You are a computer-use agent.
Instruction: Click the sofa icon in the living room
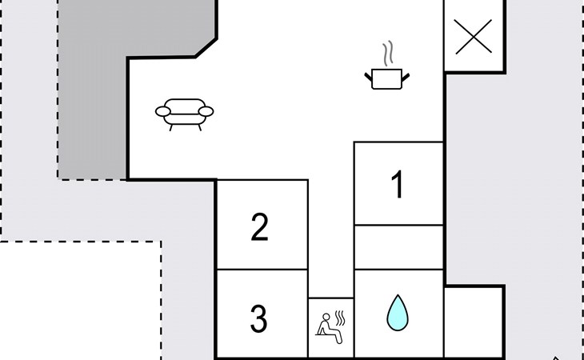[185, 114]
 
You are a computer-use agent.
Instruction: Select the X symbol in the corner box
[473, 37]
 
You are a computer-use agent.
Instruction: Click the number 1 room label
[398, 185]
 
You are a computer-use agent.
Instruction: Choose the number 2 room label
[259, 228]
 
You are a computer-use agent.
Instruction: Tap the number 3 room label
[258, 319]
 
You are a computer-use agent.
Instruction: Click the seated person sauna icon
[330, 327]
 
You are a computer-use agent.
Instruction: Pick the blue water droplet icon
[398, 312]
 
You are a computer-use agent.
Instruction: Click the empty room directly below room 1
[398, 246]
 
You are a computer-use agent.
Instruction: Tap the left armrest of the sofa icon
[163, 110]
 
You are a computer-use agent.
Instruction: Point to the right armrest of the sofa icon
[207, 110]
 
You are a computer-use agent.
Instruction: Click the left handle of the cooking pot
[370, 76]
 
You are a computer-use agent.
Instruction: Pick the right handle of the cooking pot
[407, 76]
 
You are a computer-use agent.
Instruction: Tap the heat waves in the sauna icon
[340, 318]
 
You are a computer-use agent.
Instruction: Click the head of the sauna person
[326, 316]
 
